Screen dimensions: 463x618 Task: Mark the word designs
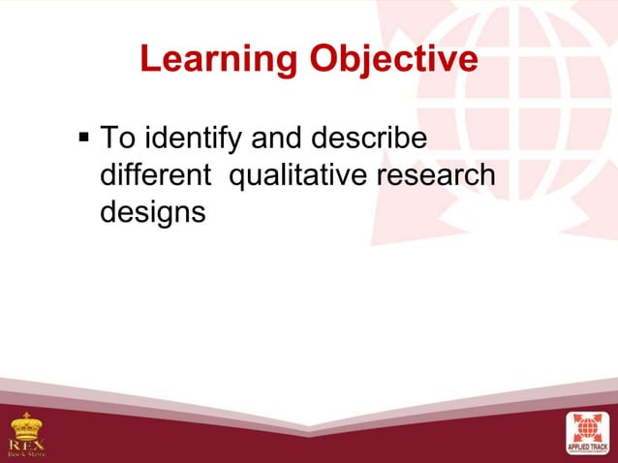click(x=152, y=213)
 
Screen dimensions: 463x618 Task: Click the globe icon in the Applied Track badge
click(x=588, y=427)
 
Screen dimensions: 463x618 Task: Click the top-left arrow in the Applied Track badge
click(x=576, y=417)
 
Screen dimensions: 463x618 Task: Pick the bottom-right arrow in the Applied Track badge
click(x=600, y=437)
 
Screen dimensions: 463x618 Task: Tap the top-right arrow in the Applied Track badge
click(x=600, y=417)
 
